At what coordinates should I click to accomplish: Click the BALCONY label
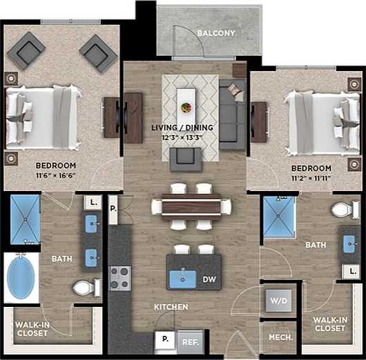tap(216, 33)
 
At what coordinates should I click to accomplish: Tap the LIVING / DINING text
tap(182, 128)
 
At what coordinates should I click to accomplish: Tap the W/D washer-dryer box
tap(279, 301)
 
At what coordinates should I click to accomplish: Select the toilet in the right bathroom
tap(342, 209)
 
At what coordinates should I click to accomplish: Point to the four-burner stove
tap(120, 278)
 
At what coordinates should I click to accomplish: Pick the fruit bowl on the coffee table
tap(186, 108)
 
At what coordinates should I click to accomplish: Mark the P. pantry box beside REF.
tap(165, 339)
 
